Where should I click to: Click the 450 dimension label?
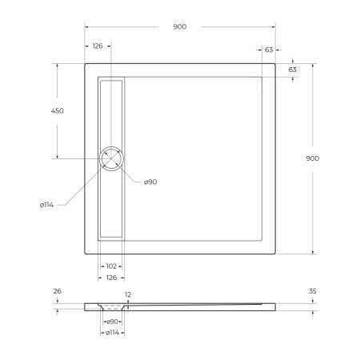coord(57,110)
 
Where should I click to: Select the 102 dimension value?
coord(111,266)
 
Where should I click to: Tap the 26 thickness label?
coord(57,291)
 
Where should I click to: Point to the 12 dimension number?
coord(127,294)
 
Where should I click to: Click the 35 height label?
coord(312,291)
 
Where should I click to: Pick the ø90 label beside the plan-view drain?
coord(150,182)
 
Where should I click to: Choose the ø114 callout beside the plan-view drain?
coord(46,205)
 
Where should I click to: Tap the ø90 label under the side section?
coord(112,322)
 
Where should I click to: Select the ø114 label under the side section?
coord(112,332)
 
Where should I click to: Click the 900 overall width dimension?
coord(180,26)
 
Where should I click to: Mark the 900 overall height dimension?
coord(312,158)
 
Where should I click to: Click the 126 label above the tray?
coord(98,46)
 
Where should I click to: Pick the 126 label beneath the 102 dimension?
coord(111,277)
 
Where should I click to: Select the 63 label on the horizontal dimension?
coord(269,50)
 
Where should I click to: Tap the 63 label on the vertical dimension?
coord(293,70)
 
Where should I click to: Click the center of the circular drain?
coord(111,158)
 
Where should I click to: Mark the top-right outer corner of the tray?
coord(277,65)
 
